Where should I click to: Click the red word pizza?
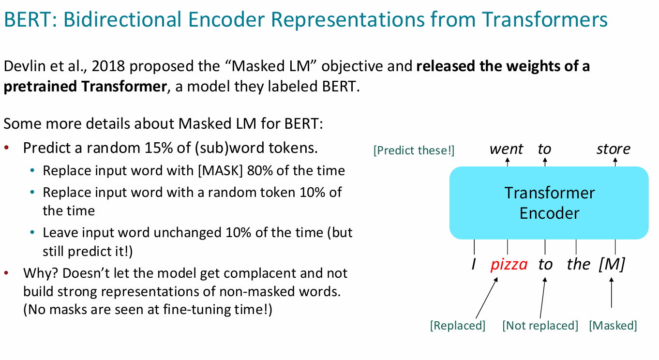[x=509, y=264]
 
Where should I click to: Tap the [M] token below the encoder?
[x=612, y=264]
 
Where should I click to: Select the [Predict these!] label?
[x=414, y=150]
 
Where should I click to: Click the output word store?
[x=614, y=149]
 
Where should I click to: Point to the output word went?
[x=506, y=149]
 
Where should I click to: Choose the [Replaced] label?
[x=458, y=326]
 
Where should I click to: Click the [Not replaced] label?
[x=540, y=326]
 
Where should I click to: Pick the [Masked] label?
[x=613, y=326]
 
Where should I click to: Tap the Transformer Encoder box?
[x=549, y=203]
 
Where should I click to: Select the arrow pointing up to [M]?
[x=611, y=293]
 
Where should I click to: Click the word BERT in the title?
[x=27, y=20]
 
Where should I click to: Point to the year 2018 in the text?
[x=108, y=66]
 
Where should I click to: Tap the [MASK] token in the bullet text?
[x=220, y=171]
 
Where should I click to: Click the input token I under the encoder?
[x=473, y=264]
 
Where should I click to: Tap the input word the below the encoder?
[x=578, y=264]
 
